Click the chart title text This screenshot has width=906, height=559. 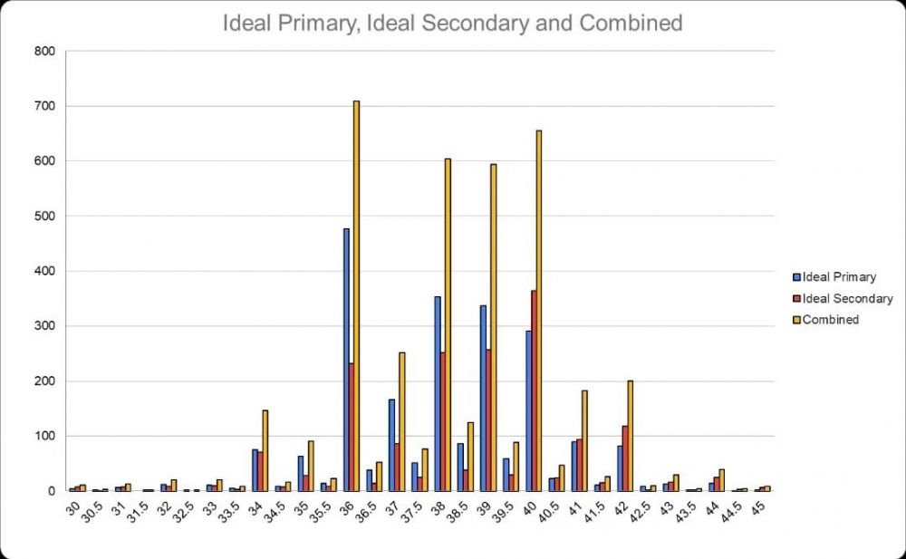click(x=452, y=24)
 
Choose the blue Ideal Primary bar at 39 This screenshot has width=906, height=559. click(x=483, y=398)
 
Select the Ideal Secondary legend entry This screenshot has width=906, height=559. click(x=843, y=298)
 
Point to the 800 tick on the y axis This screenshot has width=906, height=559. click(x=45, y=52)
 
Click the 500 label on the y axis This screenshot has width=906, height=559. click(x=45, y=217)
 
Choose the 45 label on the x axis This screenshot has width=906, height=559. click(x=762, y=506)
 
